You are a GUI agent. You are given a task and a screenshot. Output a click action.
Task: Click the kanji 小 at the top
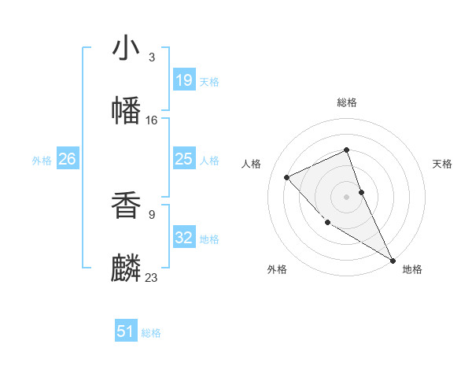[x=127, y=49]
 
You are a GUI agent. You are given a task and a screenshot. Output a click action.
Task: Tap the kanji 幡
[x=127, y=109]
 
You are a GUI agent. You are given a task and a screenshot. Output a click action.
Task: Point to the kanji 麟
[x=127, y=268]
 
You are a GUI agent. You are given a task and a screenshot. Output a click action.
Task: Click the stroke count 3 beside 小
[x=151, y=57]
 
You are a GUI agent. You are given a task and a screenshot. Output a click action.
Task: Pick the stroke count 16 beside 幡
[x=152, y=120]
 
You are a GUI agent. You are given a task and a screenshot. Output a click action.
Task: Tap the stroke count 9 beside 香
[x=151, y=213]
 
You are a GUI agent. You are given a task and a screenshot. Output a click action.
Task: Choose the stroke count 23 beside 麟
[x=152, y=277]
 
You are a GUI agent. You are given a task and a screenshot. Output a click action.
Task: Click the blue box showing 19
[x=184, y=80]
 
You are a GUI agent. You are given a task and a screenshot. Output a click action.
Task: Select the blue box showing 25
[x=184, y=159]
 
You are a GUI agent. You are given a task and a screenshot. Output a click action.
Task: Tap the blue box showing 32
[x=184, y=238]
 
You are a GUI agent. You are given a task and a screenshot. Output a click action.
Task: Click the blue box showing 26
[x=68, y=159]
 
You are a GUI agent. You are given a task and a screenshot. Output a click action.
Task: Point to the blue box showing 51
[x=126, y=331]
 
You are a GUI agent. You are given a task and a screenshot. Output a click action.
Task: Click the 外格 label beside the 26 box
[x=42, y=161]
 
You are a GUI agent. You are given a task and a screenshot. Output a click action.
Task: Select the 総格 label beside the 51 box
[x=151, y=333]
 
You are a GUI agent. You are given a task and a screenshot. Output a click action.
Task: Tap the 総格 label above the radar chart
[x=347, y=102]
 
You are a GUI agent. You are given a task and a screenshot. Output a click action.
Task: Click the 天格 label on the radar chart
[x=443, y=164]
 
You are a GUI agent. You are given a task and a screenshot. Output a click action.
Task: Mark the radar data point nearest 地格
[x=393, y=260]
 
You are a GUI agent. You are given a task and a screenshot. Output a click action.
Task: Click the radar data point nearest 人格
[x=287, y=177]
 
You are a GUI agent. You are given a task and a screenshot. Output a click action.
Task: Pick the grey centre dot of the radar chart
[x=347, y=196]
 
